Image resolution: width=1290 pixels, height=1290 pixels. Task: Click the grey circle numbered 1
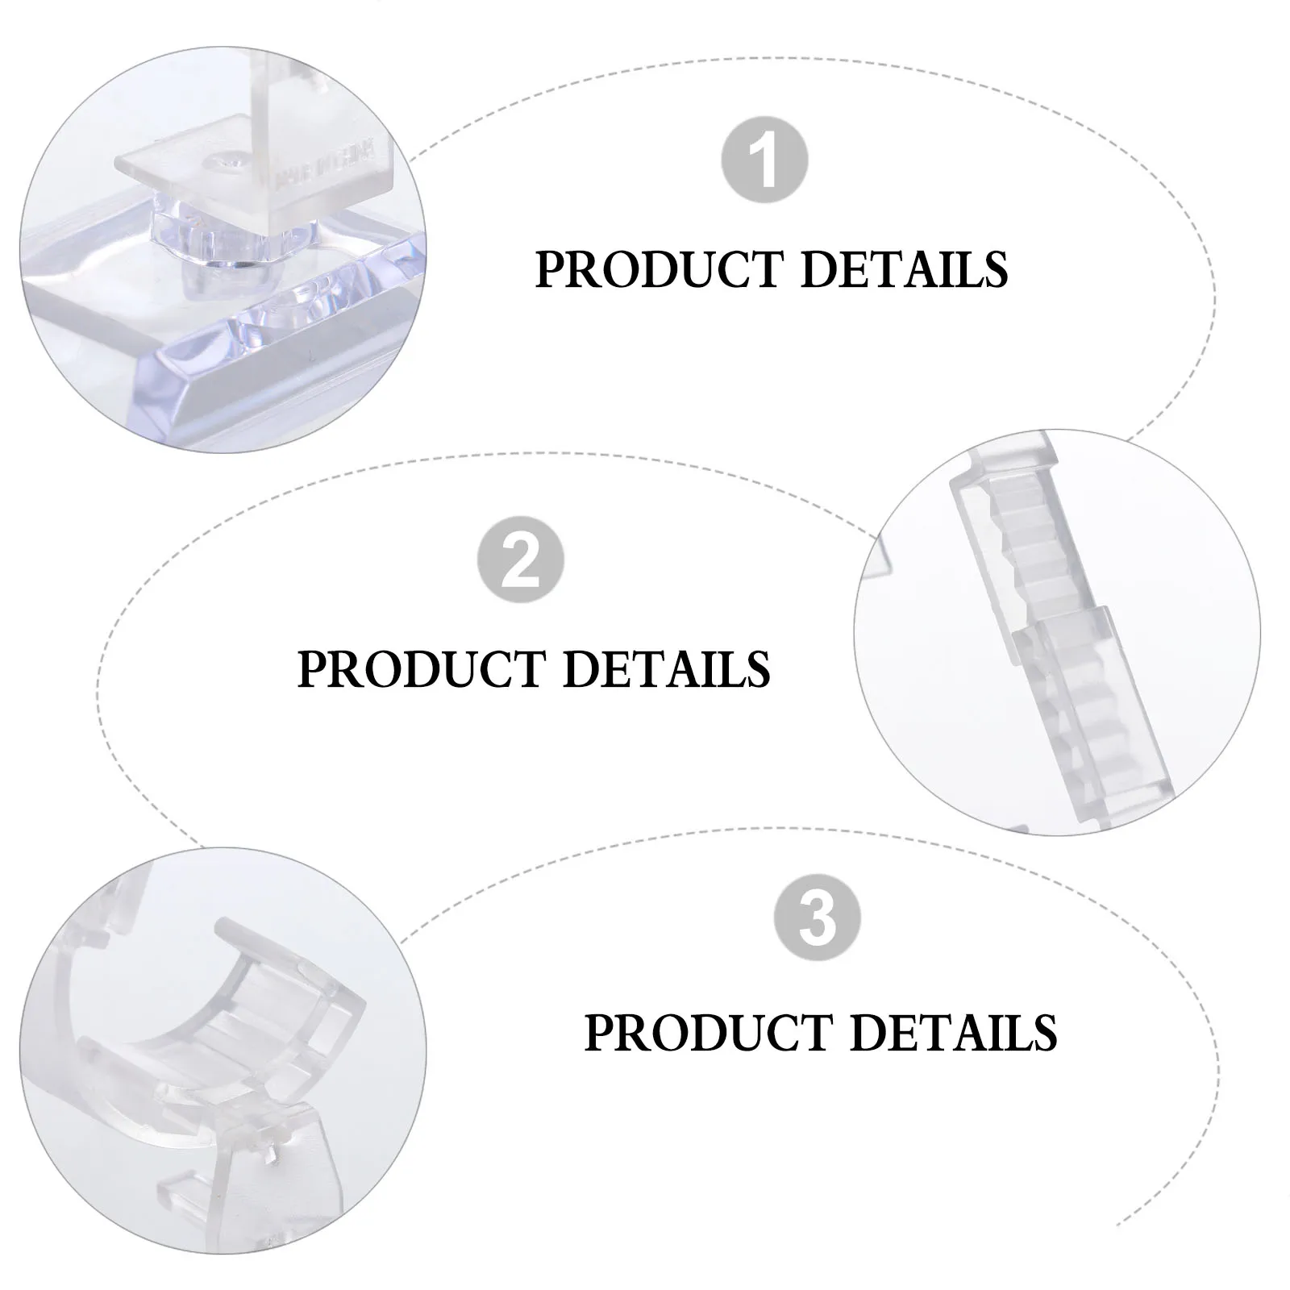(x=764, y=160)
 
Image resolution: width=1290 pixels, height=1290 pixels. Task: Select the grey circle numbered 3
(x=817, y=918)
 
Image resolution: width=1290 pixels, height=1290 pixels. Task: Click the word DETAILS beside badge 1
(x=904, y=269)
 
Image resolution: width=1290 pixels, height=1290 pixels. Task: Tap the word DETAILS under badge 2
(x=666, y=669)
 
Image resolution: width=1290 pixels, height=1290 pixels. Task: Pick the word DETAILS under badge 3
(x=953, y=1033)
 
